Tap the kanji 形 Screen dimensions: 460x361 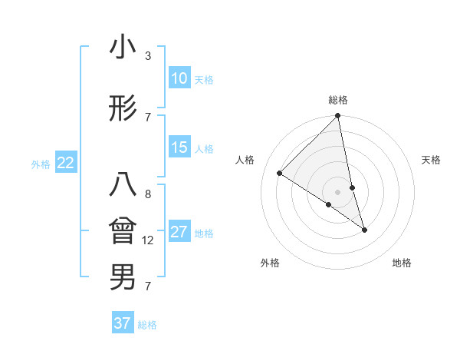[123, 109]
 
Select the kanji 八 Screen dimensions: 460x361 [123, 187]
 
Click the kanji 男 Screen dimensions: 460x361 [123, 277]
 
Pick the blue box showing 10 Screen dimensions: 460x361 [179, 78]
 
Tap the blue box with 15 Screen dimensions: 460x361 [179, 147]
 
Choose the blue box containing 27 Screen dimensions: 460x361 [179, 232]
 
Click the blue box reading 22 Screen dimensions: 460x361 [66, 163]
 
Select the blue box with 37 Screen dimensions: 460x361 [123, 323]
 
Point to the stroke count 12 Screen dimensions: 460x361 [148, 240]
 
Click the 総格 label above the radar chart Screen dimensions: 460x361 [338, 100]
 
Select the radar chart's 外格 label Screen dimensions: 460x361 [270, 263]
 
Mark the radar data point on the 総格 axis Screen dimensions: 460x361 [338, 117]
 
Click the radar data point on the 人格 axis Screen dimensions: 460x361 [280, 174]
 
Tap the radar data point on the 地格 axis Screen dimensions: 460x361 [364, 230]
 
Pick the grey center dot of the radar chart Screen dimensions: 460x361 [338, 191]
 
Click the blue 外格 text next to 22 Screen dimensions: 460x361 [41, 164]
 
